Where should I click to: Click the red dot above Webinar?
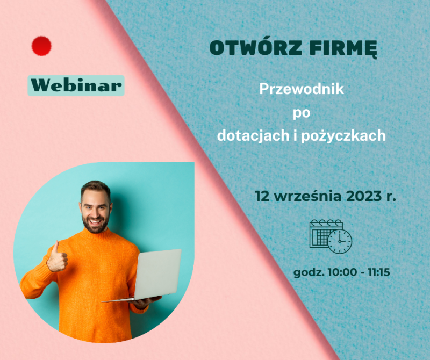(x=41, y=46)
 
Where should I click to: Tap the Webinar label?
(x=76, y=85)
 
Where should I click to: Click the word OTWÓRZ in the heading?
(x=256, y=48)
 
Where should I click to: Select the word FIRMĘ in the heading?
(x=343, y=49)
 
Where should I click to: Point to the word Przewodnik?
(x=302, y=89)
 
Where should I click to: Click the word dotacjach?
(x=253, y=135)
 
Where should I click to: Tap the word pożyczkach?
(x=343, y=136)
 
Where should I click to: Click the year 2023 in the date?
(x=364, y=196)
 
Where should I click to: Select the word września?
(x=308, y=196)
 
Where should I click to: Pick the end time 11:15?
(x=379, y=272)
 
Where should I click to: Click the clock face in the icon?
(x=340, y=241)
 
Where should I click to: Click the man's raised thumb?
(x=56, y=246)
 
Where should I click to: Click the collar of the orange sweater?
(x=97, y=235)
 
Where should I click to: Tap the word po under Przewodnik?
(x=302, y=113)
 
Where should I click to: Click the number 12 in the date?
(x=262, y=196)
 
